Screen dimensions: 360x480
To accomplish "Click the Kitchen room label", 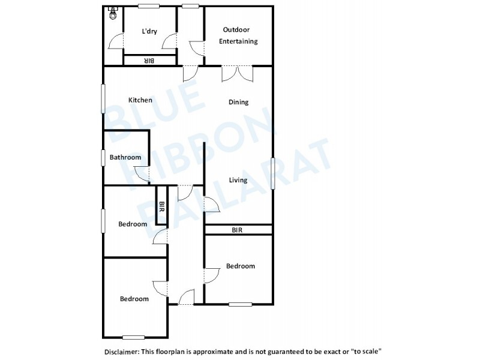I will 140,100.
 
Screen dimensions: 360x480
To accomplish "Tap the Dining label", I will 238,102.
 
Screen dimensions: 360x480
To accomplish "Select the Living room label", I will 238,180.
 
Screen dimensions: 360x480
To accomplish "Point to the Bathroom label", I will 125,158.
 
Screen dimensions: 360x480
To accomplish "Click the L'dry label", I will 149,32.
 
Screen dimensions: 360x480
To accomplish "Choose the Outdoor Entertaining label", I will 240,35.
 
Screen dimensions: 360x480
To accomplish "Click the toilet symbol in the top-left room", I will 112,14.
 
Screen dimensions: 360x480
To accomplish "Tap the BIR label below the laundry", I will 149,61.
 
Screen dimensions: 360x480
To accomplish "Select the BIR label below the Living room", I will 237,230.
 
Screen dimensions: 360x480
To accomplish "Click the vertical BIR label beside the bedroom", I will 161,207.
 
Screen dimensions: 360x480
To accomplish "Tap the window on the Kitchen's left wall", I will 103,98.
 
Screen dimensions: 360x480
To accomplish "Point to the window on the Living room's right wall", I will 272,173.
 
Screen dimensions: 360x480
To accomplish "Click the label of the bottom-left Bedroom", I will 134,299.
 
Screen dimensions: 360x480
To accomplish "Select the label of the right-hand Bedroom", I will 240,266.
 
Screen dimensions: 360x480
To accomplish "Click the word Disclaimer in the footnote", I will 121,350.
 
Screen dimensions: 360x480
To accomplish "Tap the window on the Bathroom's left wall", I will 103,158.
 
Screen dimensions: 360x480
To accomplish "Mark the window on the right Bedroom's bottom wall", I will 240,304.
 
